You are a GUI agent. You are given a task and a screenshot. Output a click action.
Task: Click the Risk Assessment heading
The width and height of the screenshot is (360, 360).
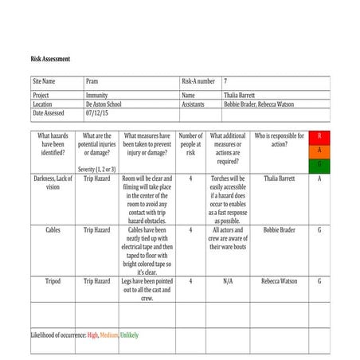click(50, 60)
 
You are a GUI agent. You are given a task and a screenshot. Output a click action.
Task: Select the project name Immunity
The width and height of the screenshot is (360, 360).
click(96, 95)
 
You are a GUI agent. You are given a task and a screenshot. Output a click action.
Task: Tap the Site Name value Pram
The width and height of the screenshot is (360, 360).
click(92, 81)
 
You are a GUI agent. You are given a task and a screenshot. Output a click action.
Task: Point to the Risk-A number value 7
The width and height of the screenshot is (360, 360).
click(225, 81)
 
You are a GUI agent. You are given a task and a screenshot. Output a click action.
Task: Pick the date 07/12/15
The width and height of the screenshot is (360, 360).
click(98, 113)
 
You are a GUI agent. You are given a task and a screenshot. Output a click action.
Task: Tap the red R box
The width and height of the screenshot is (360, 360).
click(319, 137)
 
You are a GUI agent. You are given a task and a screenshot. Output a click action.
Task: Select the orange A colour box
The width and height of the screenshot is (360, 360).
click(319, 151)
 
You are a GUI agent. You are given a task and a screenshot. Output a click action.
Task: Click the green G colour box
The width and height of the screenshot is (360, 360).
click(319, 164)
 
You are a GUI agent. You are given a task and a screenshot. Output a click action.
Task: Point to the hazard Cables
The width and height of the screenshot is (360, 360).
click(53, 230)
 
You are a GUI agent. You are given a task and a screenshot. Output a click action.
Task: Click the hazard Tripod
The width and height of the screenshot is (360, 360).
click(53, 281)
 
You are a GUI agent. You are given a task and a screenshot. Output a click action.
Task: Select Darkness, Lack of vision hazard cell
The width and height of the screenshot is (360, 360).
click(53, 183)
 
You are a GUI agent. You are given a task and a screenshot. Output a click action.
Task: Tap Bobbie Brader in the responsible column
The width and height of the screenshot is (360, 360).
click(279, 230)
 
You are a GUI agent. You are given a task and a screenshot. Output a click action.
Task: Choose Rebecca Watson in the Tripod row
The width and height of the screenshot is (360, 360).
click(279, 281)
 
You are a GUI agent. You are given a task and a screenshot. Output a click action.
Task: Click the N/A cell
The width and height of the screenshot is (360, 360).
click(228, 281)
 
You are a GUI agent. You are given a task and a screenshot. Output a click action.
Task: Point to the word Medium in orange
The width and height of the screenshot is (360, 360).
click(109, 335)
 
